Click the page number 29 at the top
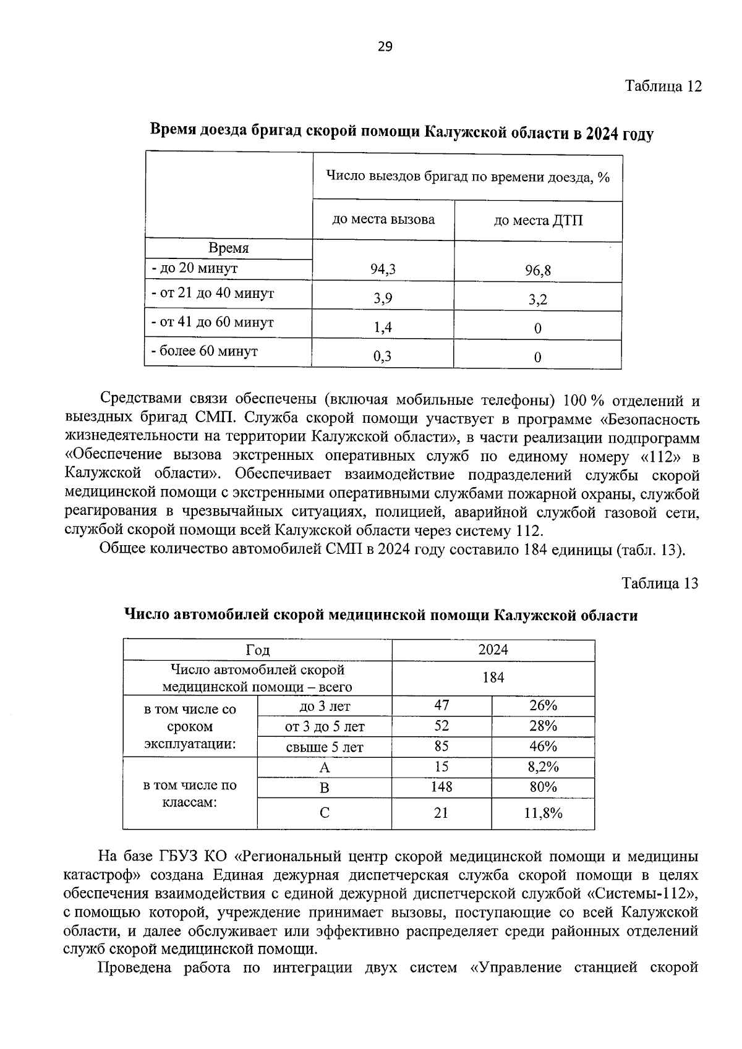[385, 47]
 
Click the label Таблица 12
[663, 86]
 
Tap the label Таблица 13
[660, 584]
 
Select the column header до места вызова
[383, 219]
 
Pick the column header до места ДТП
[538, 221]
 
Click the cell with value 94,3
[383, 269]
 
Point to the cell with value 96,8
[537, 270]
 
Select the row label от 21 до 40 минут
[213, 293]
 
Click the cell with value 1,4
[383, 328]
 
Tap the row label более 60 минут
[205, 351]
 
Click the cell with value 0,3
[383, 357]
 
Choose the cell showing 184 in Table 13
[493, 677]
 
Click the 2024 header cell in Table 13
[493, 650]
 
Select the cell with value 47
[441, 705]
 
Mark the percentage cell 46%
[543, 746]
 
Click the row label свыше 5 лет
[324, 747]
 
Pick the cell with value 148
[441, 787]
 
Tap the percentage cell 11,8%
[543, 813]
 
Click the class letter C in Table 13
[324, 813]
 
